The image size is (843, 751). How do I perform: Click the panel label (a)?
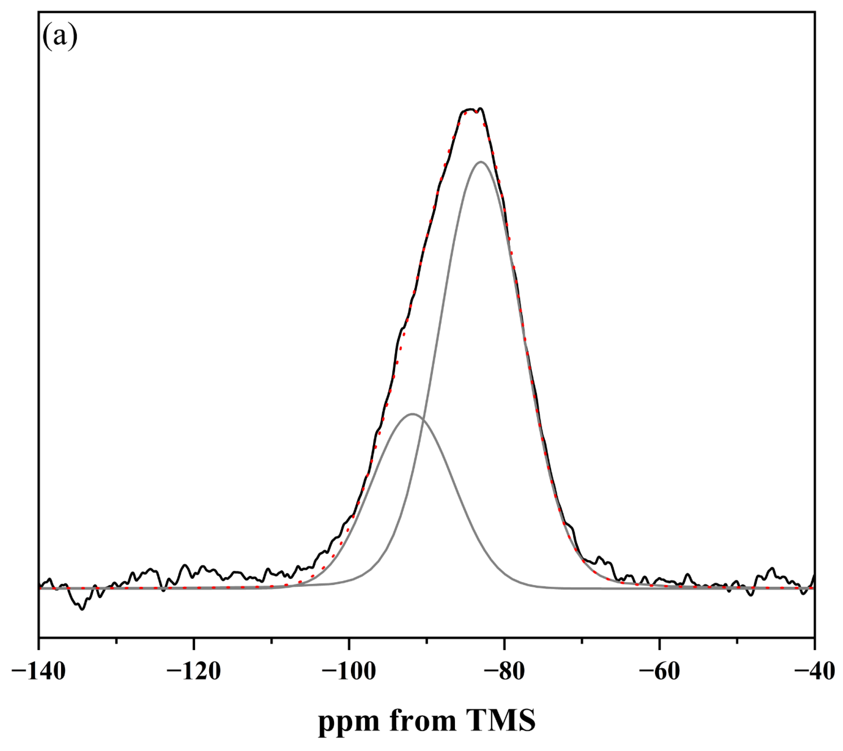[60, 37]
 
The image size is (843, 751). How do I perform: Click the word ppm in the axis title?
[349, 723]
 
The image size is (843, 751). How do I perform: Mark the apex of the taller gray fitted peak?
[481, 162]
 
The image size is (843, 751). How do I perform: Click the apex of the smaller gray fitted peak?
[412, 414]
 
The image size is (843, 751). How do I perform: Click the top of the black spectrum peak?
[481, 109]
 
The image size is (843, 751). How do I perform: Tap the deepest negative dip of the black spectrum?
[82, 609]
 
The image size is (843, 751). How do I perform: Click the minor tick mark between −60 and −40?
[737, 641]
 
